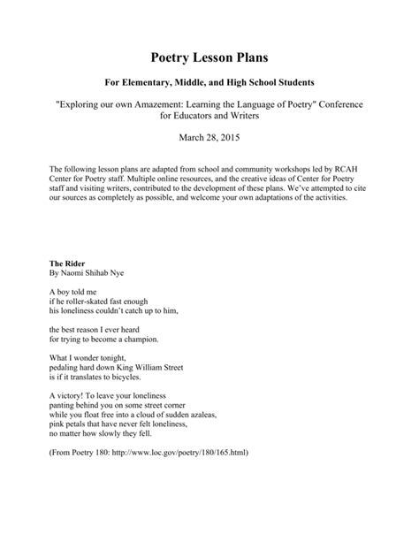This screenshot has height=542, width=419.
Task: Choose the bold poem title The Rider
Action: [68, 264]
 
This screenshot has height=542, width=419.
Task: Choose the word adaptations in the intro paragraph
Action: [280, 198]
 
